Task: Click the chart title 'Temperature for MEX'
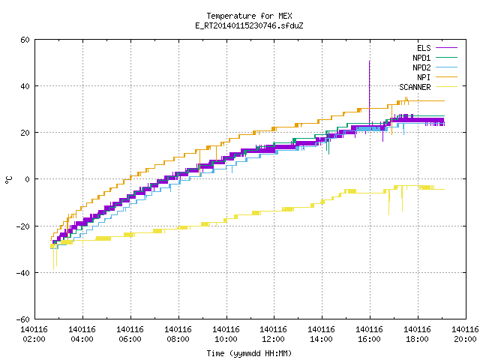[249, 16]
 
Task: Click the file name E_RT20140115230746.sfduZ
[249, 25]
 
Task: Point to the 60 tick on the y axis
[25, 40]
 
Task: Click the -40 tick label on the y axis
[22, 273]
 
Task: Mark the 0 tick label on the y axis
[28, 179]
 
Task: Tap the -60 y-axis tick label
[22, 319]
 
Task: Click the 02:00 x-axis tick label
[34, 339]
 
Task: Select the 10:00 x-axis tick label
[226, 339]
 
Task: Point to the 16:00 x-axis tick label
[370, 339]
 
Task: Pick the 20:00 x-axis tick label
[465, 339]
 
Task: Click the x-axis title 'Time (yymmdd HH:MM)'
[249, 353]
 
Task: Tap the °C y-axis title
[8, 180]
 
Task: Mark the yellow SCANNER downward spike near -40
[53, 257]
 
